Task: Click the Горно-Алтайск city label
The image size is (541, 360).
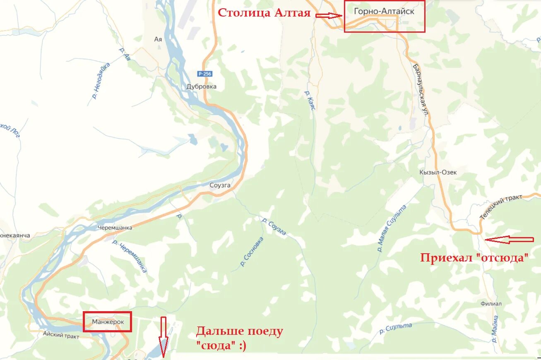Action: (384, 12)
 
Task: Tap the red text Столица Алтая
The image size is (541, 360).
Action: (264, 13)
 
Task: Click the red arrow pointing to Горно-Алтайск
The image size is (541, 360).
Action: (328, 16)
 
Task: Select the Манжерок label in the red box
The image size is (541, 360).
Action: (107, 321)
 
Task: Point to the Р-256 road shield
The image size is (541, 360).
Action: (204, 74)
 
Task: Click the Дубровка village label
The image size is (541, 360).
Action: (201, 86)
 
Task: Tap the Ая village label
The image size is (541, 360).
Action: (158, 39)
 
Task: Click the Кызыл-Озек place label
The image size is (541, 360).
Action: (438, 172)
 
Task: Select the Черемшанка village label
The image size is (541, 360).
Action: (115, 228)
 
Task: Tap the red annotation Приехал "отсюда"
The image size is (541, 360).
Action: (474, 258)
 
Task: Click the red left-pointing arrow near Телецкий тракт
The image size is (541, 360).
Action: (509, 239)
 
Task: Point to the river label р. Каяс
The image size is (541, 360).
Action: (310, 101)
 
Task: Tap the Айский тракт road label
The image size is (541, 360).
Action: (61, 336)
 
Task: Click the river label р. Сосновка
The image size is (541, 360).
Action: (252, 252)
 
